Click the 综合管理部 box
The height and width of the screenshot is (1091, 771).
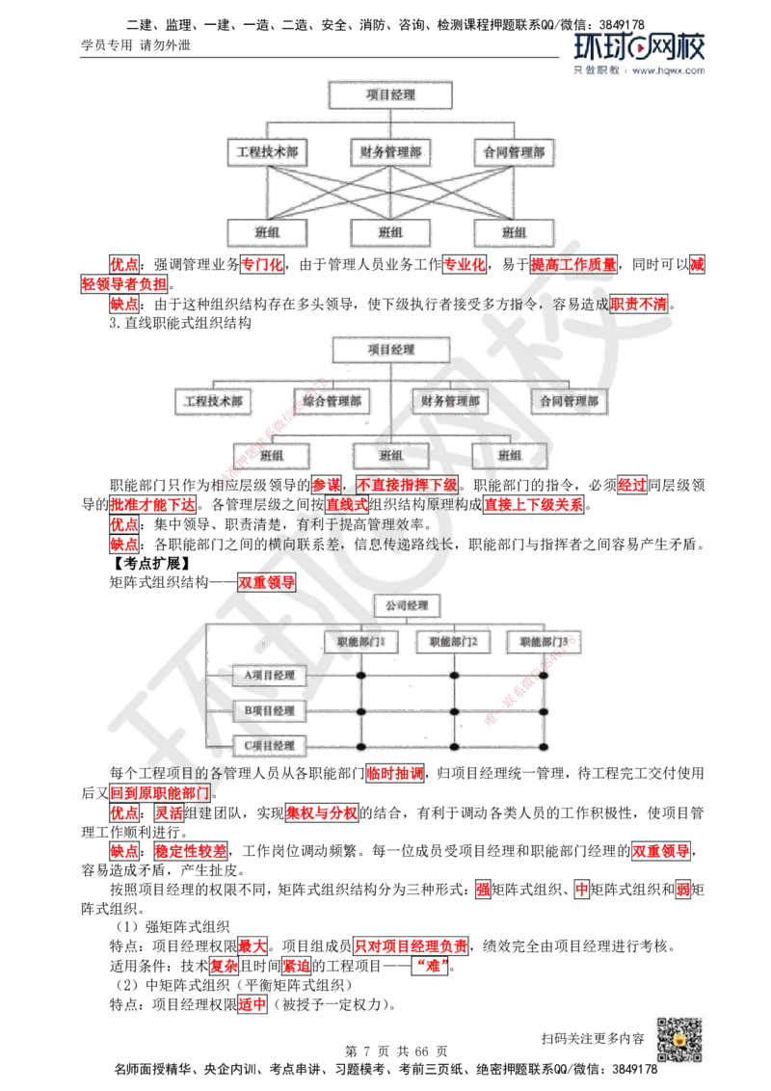(333, 401)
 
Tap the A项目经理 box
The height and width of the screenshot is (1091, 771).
(270, 676)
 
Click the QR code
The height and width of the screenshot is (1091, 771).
(678, 1040)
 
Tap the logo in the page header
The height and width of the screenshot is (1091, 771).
(639, 53)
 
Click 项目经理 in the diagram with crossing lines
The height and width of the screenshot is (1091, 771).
(389, 94)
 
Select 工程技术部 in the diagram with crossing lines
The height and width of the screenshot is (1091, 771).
(266, 151)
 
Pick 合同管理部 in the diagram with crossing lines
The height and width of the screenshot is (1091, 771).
(514, 151)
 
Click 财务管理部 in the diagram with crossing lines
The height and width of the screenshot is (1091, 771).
(389, 151)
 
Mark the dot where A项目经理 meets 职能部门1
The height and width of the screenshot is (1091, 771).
(360, 676)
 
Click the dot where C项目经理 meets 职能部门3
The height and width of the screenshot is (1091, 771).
(544, 747)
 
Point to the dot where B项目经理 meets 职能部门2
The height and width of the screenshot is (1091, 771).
(453, 711)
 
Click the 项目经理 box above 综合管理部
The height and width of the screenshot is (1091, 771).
(391, 348)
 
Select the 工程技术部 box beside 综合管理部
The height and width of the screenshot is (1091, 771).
(213, 401)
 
